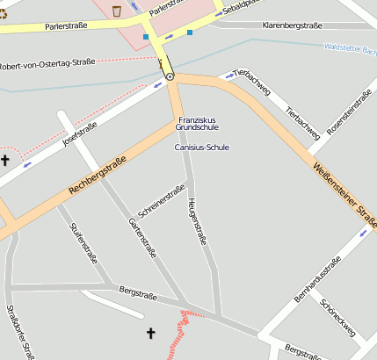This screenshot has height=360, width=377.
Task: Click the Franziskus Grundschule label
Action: click(x=197, y=123)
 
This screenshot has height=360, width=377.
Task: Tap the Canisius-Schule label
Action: click(x=201, y=148)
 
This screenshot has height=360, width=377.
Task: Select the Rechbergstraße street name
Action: click(x=98, y=176)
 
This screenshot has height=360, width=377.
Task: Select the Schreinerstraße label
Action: click(x=163, y=201)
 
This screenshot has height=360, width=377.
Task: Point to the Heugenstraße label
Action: click(x=197, y=220)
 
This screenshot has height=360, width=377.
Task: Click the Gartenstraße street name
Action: click(x=142, y=238)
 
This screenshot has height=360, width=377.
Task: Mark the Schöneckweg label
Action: click(x=338, y=319)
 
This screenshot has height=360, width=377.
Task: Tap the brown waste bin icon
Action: click(x=117, y=11)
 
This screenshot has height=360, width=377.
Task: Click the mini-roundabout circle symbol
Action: click(x=170, y=77)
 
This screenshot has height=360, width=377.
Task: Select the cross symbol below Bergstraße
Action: click(x=150, y=334)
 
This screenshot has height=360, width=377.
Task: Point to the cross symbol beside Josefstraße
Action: click(x=5, y=160)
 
